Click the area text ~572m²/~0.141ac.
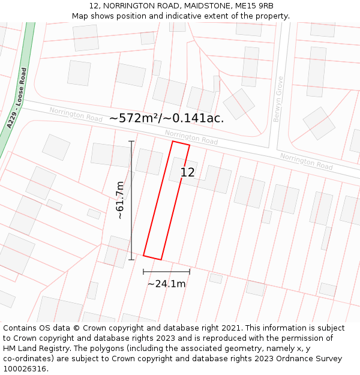(166, 118)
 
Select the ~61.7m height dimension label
(119, 200)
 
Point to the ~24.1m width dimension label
(166, 284)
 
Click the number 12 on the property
(187, 173)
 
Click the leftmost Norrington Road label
(76, 114)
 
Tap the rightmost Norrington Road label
(306, 161)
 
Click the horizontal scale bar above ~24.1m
(166, 272)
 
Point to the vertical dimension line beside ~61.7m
(131, 200)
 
